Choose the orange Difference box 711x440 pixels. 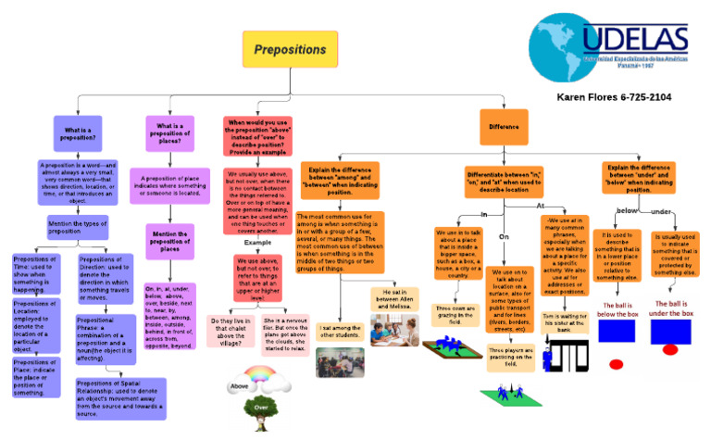(504, 126)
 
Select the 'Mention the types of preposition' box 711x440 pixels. (78, 227)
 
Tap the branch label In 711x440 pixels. (483, 214)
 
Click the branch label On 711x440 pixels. (505, 236)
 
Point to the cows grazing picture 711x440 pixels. (455, 350)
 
